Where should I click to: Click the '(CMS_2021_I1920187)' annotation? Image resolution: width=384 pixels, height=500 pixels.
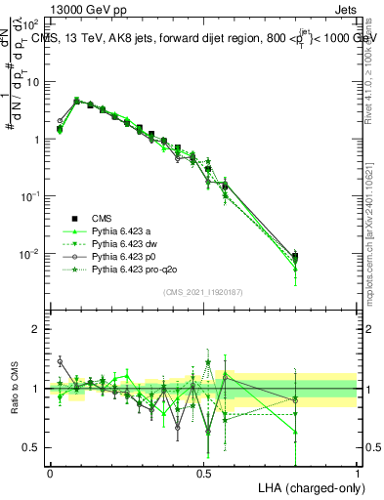pos(203,291)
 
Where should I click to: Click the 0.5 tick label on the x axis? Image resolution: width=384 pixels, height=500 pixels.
pos(204,473)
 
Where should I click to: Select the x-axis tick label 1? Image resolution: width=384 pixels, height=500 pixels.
pos(358,473)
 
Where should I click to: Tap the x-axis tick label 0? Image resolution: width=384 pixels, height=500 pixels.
pos(51,473)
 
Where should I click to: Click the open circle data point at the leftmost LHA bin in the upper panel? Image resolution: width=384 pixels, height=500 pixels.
pos(60,122)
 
